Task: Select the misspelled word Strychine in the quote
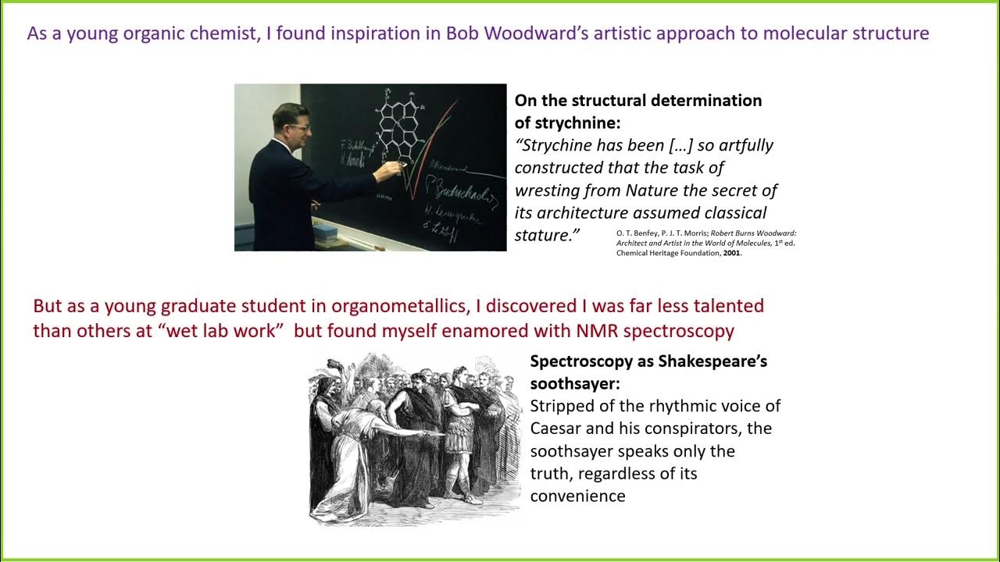556,145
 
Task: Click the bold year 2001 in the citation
730,253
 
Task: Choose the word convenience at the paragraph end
577,496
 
